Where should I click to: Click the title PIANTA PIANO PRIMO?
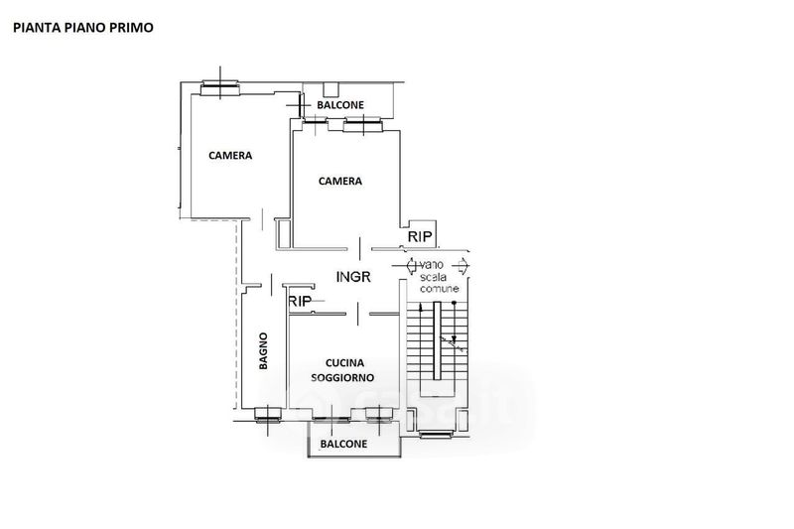83,28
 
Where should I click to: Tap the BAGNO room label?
263,350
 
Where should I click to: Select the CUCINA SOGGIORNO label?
342,370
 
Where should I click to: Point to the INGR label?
353,276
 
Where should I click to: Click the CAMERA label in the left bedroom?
230,156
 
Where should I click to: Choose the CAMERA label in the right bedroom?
340,181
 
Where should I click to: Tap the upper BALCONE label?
340,105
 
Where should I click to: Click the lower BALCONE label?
343,444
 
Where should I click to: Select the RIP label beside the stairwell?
420,236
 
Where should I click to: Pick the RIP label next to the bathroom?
300,302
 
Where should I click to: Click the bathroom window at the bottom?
267,415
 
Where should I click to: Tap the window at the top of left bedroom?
219,88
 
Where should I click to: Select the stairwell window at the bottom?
435,433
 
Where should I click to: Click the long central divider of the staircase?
437,340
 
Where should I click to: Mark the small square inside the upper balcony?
331,89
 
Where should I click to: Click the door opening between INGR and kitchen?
358,314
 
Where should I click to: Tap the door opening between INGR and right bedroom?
359,248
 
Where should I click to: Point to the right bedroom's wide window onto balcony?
362,124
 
